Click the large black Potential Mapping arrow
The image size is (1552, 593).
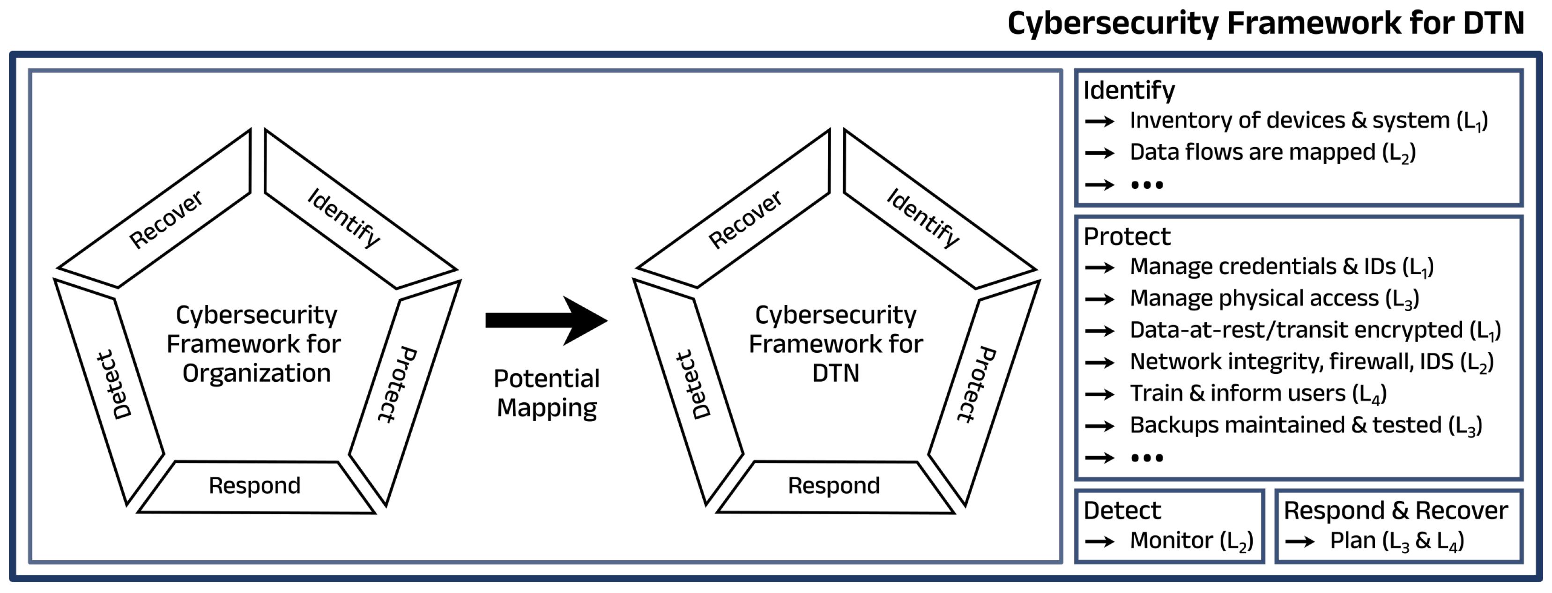tap(545, 320)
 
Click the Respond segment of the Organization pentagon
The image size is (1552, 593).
tap(254, 486)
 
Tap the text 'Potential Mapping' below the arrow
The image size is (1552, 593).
tap(546, 393)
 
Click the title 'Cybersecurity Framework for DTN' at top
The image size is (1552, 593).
tap(1265, 24)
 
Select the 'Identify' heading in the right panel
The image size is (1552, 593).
tap(1129, 90)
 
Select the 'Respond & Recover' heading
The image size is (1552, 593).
tap(1396, 511)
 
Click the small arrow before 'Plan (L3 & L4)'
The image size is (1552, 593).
tap(1300, 542)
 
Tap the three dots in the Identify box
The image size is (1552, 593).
tap(1146, 185)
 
